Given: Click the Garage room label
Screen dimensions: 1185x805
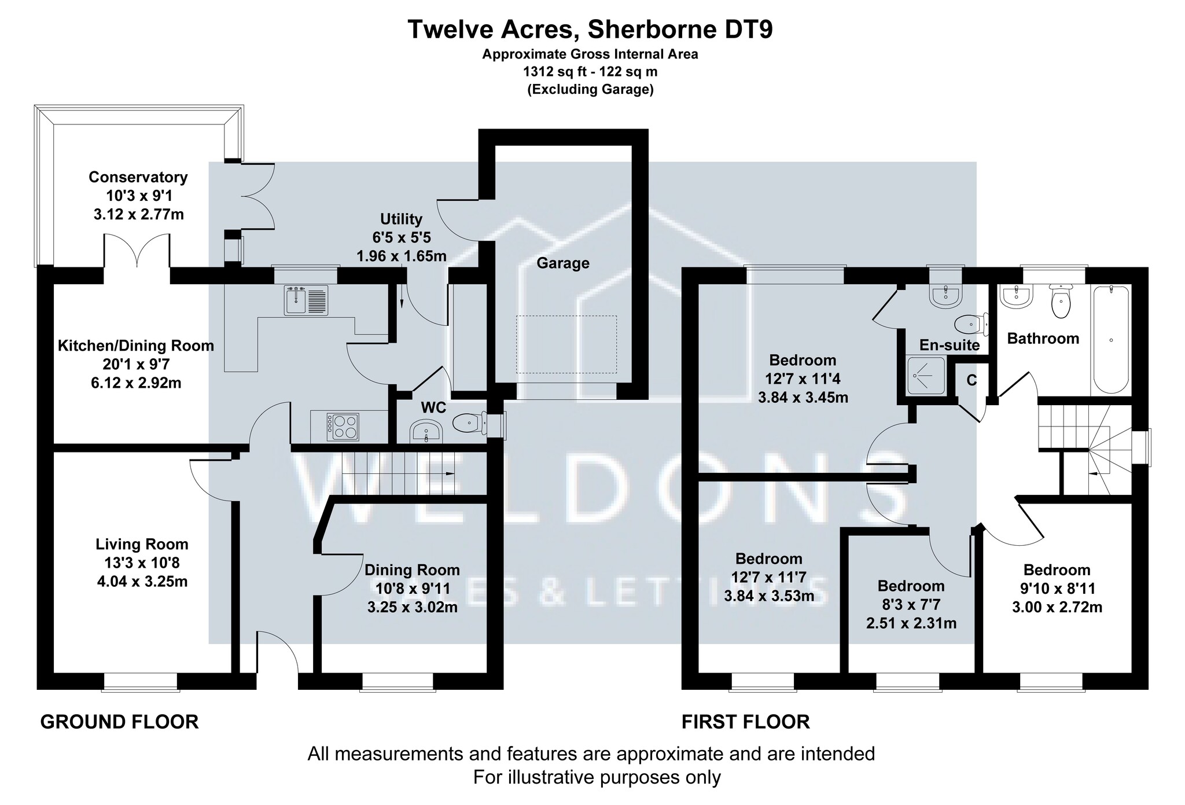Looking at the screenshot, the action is (563, 263).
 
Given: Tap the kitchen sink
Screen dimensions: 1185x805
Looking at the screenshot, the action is (306, 300).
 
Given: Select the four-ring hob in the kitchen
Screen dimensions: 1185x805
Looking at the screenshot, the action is (343, 427).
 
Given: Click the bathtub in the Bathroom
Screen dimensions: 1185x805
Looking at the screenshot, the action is (1110, 339).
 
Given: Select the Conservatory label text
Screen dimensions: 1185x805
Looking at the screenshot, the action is (138, 177).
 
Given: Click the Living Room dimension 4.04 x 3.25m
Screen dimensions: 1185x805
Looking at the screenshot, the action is (142, 581).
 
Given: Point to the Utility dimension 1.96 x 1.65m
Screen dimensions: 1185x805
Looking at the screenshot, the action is (402, 256).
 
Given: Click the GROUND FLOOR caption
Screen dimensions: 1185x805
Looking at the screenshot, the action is (119, 722).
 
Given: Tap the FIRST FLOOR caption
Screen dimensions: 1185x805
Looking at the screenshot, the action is (746, 722).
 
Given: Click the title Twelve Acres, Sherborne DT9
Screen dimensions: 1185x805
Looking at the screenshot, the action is (590, 30).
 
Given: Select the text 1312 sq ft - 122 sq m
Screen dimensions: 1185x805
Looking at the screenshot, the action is (590, 72).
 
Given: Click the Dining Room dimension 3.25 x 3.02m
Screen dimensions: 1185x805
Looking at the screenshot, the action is (413, 608).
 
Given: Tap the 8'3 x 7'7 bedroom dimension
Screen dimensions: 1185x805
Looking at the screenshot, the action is (911, 605).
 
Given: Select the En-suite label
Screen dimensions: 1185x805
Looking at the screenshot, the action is (950, 345).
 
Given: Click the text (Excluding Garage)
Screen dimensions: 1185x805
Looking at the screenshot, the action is (590, 90).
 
